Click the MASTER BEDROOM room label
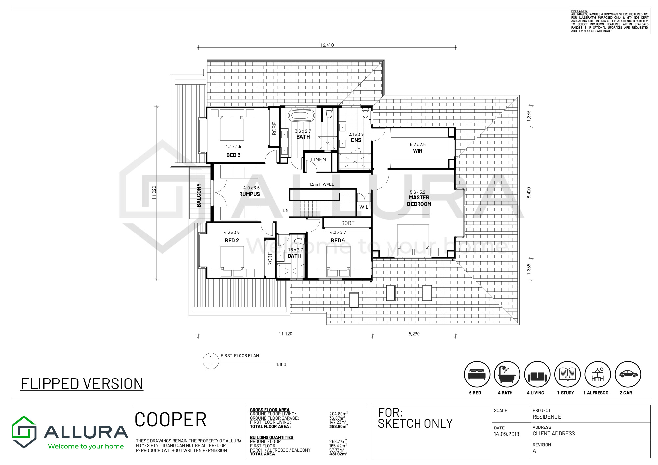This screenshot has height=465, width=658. coord(419,201)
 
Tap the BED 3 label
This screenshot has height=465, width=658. coord(233,155)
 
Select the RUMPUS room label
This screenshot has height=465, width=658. coord(249,194)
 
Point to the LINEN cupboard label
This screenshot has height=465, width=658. coord(318,159)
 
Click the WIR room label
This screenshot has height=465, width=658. coord(418,151)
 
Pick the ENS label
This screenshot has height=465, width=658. coord(356,140)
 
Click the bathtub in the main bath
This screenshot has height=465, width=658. coord(301,115)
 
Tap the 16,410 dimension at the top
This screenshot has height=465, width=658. coord(327,45)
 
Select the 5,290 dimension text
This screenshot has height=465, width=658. coord(414,334)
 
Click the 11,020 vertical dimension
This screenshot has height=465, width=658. coord(154,192)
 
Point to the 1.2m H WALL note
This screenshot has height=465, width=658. coord(321,184)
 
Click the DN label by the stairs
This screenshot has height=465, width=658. coord(286,211)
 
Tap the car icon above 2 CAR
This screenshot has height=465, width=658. coord(628,374)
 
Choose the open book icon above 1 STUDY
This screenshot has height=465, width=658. coord(568,374)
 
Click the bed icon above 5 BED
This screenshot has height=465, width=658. coord(477,374)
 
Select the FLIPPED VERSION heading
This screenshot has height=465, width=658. coord(82,384)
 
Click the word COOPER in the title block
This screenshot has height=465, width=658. coord(170,420)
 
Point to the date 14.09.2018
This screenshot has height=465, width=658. coord(506,434)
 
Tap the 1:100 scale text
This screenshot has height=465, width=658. coord(281,364)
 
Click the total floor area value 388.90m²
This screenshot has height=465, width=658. coord(339,426)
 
